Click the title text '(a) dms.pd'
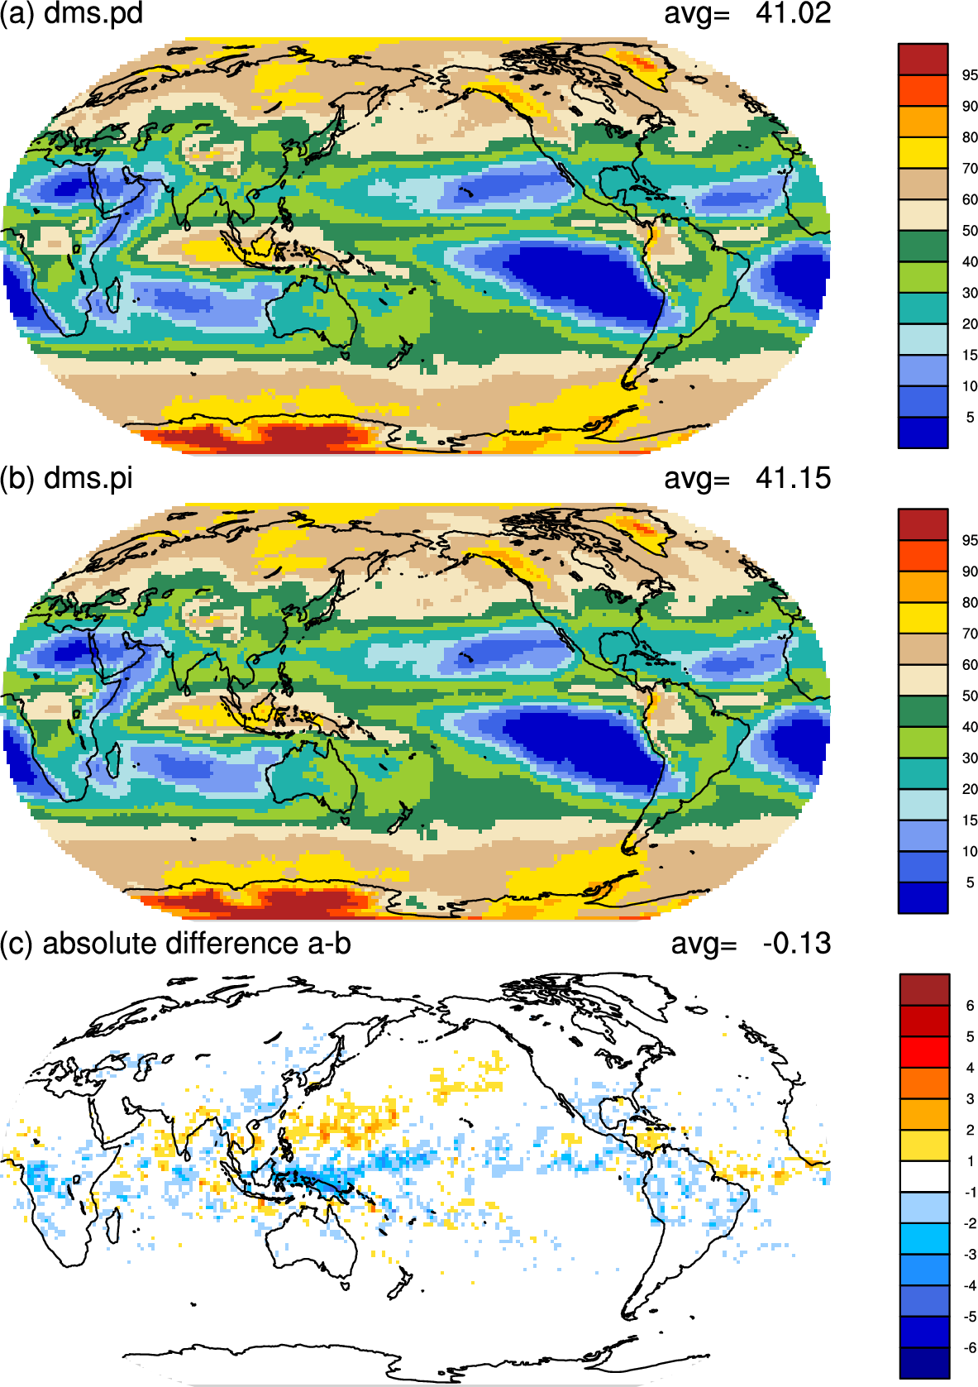click(x=71, y=13)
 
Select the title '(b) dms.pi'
click(x=66, y=479)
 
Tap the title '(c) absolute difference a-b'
click(x=175, y=944)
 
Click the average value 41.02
click(x=793, y=13)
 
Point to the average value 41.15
click(x=793, y=479)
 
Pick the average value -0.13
click(x=797, y=944)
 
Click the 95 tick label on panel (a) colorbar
click(x=970, y=75)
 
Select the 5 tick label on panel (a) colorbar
click(x=970, y=418)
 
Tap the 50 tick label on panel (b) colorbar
click(x=970, y=696)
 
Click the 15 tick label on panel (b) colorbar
click(x=970, y=820)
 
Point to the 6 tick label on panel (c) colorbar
click(x=970, y=1006)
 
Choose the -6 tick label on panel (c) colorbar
click(x=969, y=1347)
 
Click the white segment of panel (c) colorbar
click(x=924, y=1176)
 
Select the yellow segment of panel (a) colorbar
click(x=923, y=153)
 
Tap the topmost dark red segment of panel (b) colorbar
click(x=923, y=524)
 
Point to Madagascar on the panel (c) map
click(x=112, y=1226)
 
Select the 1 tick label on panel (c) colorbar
click(x=970, y=1161)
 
